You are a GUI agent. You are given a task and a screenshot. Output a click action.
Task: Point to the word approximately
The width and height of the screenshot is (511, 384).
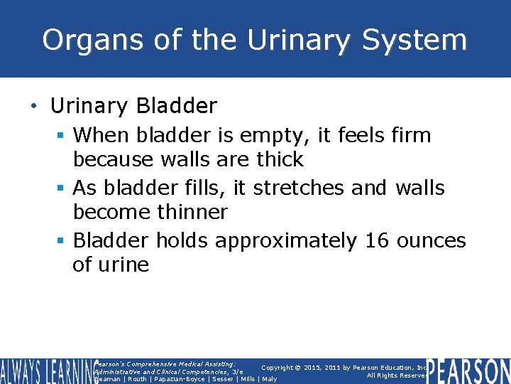[x=286, y=242]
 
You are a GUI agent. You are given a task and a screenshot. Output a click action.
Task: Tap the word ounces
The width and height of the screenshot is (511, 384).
[x=432, y=241]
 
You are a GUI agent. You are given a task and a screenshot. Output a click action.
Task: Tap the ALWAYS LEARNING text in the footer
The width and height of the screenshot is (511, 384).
[x=45, y=371]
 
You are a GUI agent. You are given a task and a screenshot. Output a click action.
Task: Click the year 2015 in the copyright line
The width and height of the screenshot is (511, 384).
[x=313, y=368]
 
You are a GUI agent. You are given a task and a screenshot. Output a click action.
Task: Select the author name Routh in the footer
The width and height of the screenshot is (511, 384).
[x=136, y=379]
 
